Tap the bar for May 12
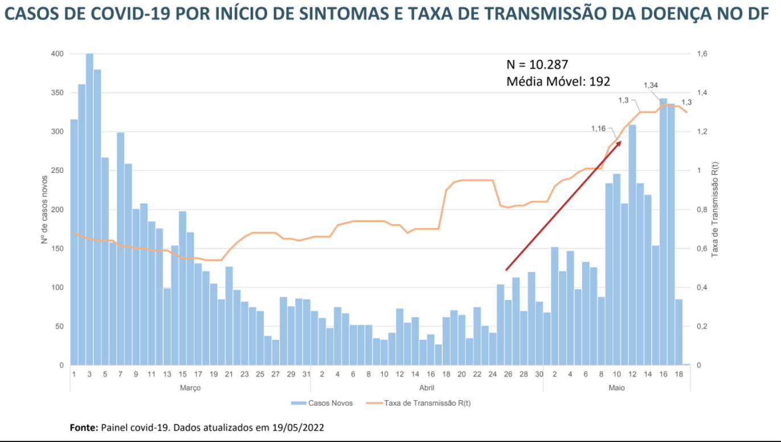632,245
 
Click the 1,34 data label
651,86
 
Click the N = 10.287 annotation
537,64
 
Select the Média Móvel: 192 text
558,82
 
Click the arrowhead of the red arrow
619,143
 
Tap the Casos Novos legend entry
322,403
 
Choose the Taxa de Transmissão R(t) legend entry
419,403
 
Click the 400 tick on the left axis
58,54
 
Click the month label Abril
427,388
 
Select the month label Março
190,388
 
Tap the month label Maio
616,388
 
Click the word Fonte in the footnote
83,427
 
